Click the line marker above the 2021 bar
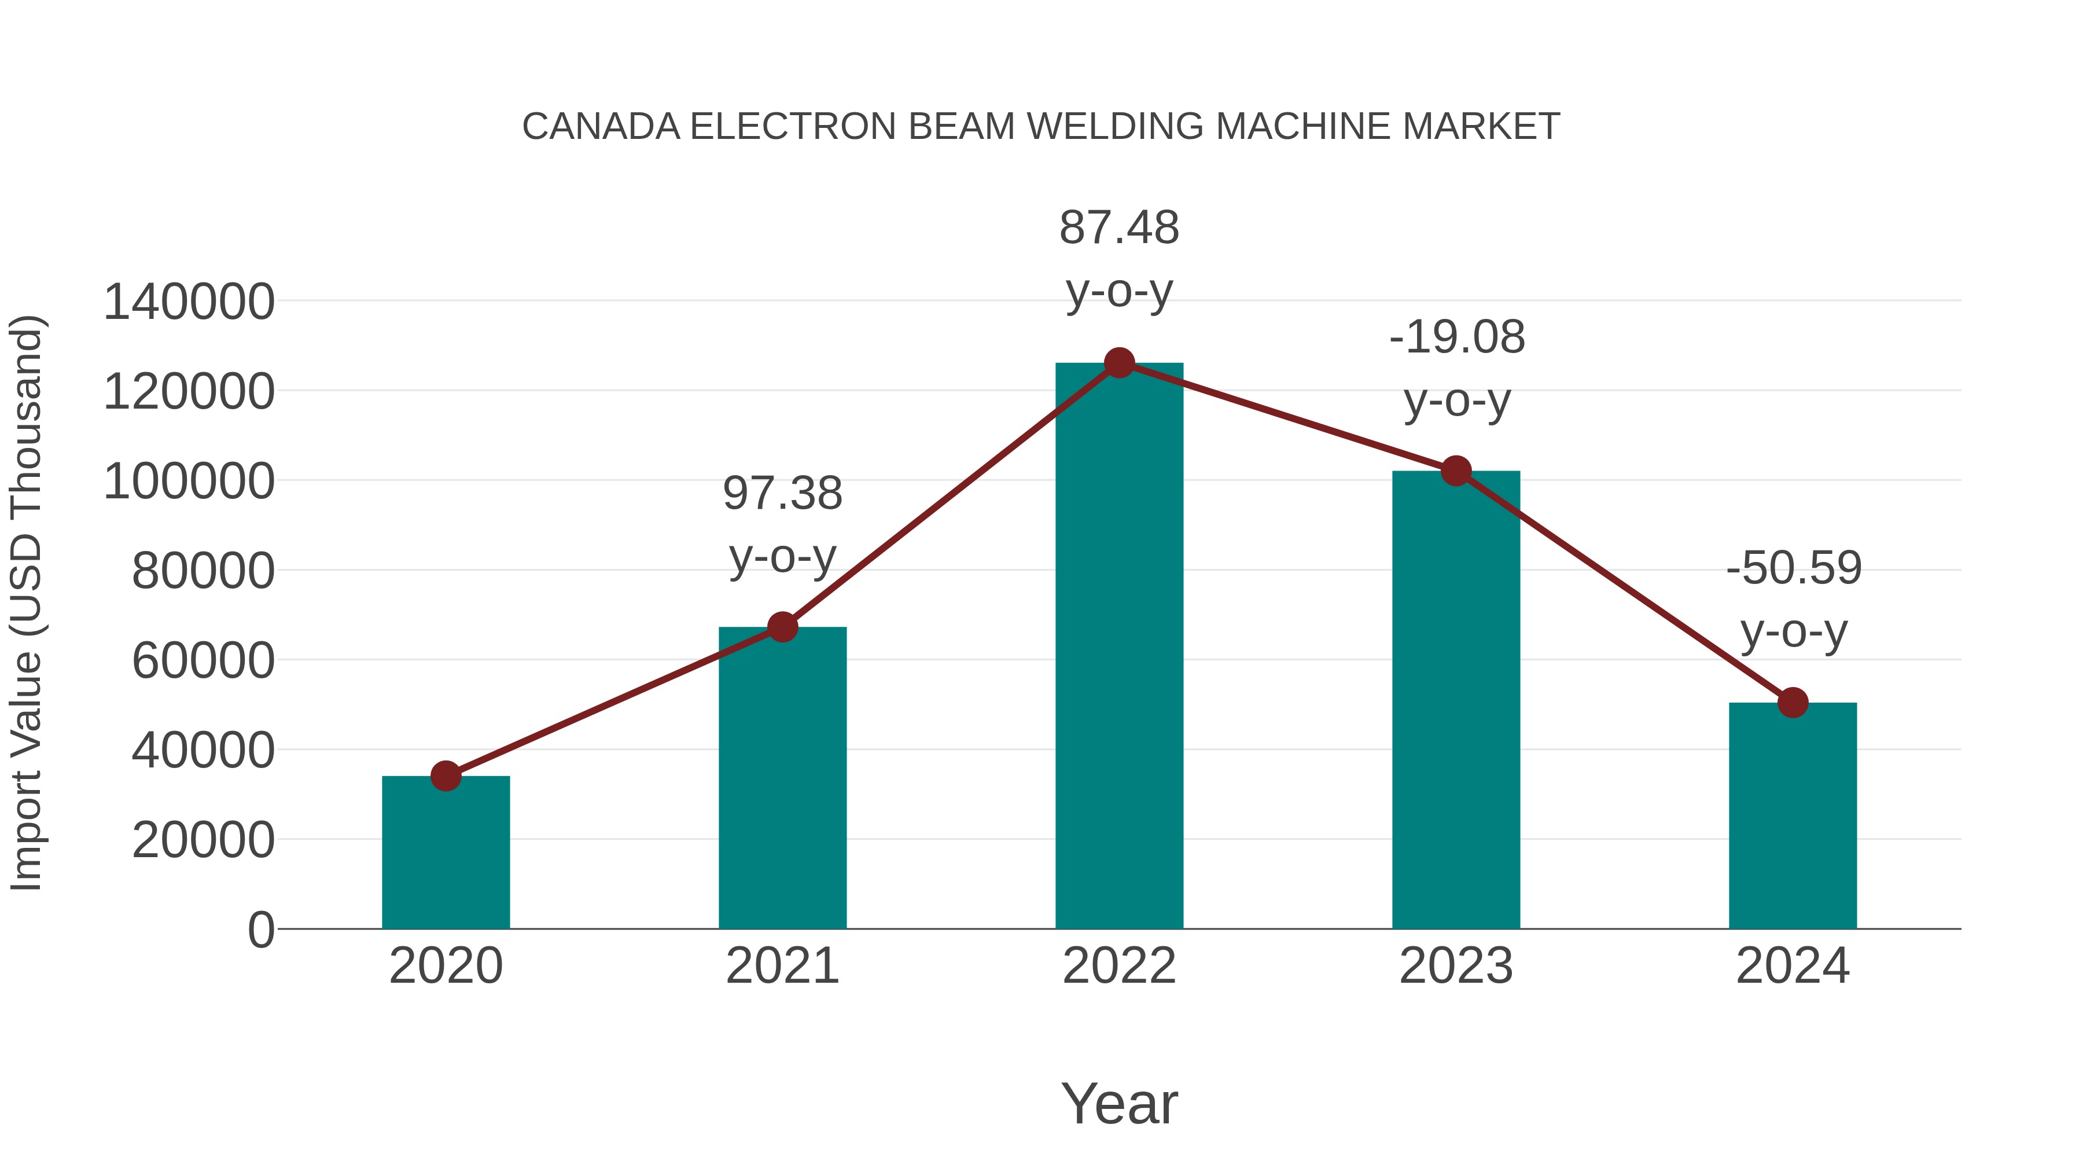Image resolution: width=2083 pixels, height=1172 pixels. click(783, 627)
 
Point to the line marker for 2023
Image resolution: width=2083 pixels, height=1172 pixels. click(1456, 471)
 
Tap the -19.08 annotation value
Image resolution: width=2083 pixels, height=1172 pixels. click(1457, 337)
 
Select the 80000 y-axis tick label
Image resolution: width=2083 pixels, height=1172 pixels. click(203, 571)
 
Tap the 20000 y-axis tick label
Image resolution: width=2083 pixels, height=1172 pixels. click(203, 840)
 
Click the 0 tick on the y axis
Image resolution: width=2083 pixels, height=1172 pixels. click(260, 930)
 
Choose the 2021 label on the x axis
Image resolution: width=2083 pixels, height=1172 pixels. click(783, 966)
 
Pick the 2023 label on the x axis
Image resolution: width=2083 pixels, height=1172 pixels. click(1456, 966)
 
